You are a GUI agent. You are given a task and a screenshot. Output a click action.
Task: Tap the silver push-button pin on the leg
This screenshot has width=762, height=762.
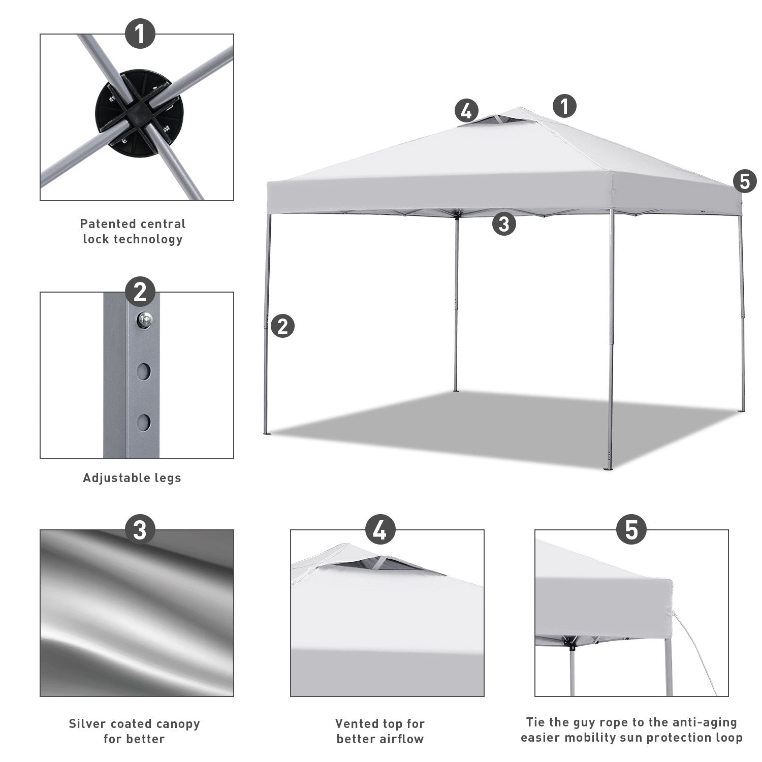(x=145, y=320)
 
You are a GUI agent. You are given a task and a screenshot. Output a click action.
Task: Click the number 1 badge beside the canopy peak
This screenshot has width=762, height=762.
(x=564, y=107)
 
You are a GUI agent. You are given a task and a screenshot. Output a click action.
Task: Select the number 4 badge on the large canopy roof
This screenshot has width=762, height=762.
(x=466, y=110)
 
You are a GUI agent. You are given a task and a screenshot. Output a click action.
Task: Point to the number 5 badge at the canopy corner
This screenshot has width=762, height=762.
(x=745, y=181)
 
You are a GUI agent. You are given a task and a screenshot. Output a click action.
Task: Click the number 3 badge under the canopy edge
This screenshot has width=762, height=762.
(x=504, y=224)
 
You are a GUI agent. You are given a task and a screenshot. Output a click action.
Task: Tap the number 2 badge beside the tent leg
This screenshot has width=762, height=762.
(x=283, y=325)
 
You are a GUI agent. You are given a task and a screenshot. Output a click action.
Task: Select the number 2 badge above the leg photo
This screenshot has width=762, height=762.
(x=140, y=292)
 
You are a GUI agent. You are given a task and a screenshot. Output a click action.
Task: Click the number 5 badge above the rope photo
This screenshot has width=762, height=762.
(x=631, y=530)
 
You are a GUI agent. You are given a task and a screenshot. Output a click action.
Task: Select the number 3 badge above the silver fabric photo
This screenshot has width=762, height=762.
(x=140, y=530)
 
